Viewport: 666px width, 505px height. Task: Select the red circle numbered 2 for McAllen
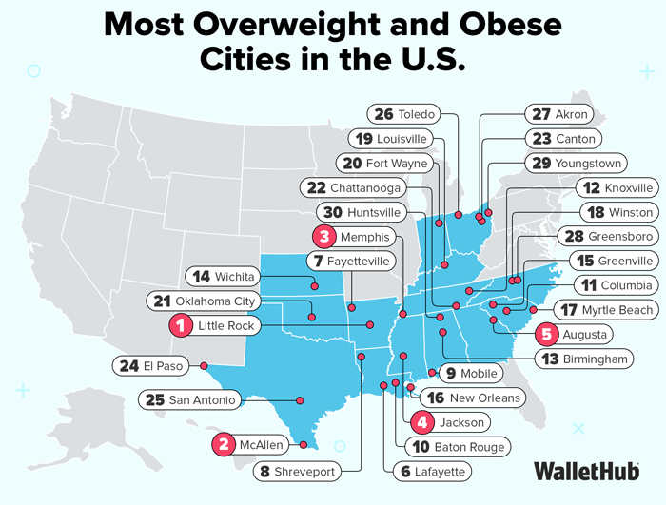pyautogui.click(x=224, y=444)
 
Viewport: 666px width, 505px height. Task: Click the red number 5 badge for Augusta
pyautogui.click(x=546, y=334)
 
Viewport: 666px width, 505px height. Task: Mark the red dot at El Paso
pyautogui.click(x=205, y=365)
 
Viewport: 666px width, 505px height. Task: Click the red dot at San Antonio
pyautogui.click(x=299, y=399)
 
